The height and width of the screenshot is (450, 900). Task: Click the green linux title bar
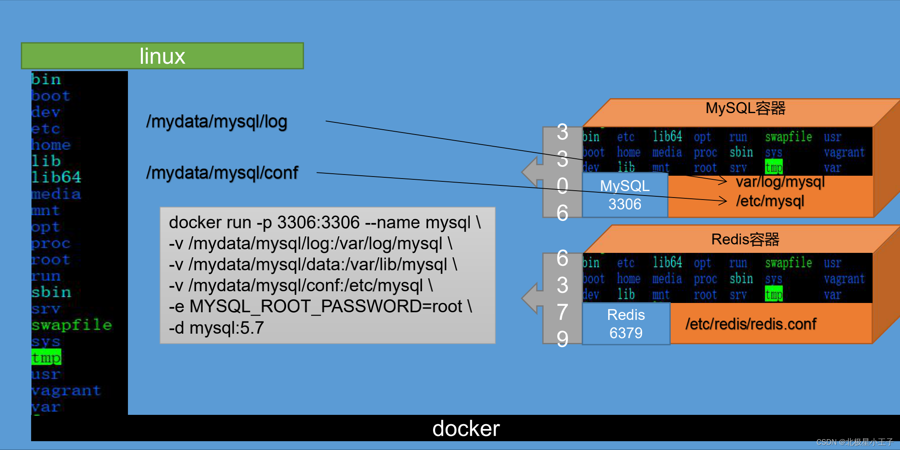[x=162, y=56]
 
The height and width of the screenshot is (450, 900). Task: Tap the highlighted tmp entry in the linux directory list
[x=46, y=357]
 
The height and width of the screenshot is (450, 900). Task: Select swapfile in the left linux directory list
[x=71, y=325]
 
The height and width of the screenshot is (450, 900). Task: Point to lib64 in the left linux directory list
[x=57, y=177]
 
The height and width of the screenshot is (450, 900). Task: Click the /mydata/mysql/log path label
[x=217, y=121]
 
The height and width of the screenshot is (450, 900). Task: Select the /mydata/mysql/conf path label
[x=222, y=172]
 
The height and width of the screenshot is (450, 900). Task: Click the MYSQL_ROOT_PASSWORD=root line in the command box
[x=320, y=306]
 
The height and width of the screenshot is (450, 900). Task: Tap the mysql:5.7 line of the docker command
[x=216, y=328]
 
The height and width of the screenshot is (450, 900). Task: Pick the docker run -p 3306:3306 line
[x=325, y=222]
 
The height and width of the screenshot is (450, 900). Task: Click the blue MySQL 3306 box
[x=625, y=195]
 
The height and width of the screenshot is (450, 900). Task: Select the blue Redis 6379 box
[x=626, y=324]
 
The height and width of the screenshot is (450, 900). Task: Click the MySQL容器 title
[x=745, y=108]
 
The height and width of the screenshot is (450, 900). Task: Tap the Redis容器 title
[x=745, y=239]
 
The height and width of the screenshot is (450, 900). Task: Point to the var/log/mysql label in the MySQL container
[x=780, y=182]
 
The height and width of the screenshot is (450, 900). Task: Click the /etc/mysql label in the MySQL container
[x=770, y=201]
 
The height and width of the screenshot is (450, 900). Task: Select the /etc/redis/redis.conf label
[x=751, y=324]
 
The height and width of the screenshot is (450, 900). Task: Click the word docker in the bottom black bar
[x=466, y=428]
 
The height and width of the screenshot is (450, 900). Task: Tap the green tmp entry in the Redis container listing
[x=774, y=294]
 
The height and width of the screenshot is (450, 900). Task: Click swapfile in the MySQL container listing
[x=789, y=137]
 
